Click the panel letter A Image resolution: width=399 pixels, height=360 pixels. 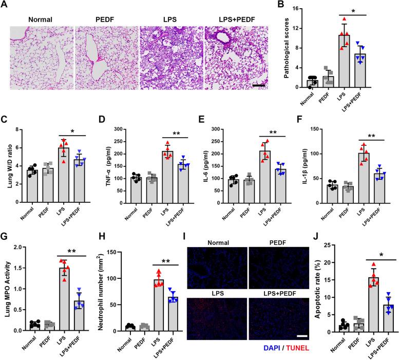[5, 5]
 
